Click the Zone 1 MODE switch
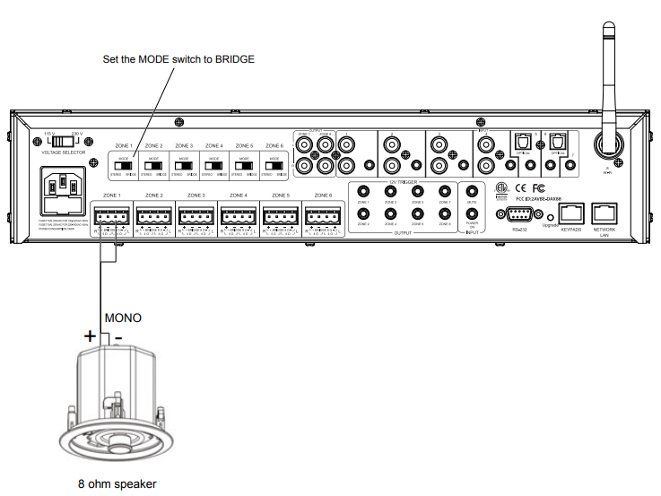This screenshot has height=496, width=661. (x=123, y=165)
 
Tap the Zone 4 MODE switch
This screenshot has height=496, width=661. (x=213, y=165)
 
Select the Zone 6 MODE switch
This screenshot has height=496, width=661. (x=273, y=165)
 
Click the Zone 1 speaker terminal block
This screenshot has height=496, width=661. (x=112, y=215)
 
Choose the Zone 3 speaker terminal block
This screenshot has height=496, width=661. (x=196, y=215)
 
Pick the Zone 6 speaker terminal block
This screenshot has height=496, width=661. (x=323, y=215)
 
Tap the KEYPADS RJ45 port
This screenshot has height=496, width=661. (x=571, y=213)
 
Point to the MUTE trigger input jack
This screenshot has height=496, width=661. (x=472, y=190)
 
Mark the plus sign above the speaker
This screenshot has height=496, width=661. (x=90, y=335)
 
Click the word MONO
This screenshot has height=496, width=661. (x=123, y=318)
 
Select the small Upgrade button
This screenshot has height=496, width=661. (x=549, y=216)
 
